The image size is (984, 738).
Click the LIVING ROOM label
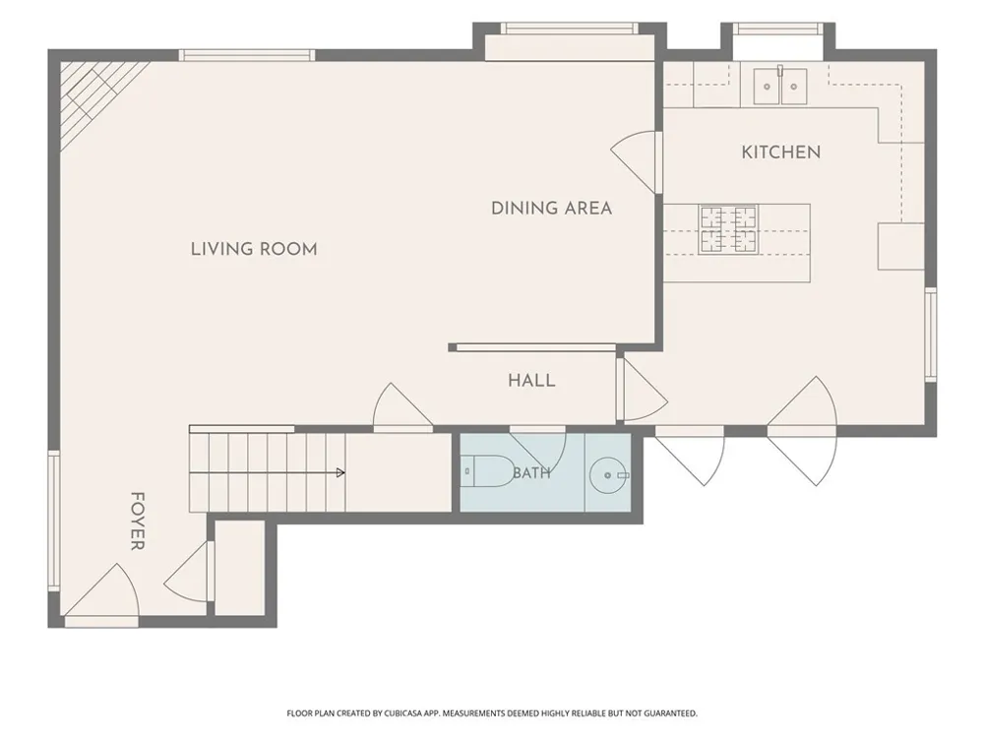[x=254, y=249]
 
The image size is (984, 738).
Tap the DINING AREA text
[x=552, y=209]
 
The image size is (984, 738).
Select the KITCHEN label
[x=781, y=153]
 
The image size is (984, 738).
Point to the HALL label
[x=531, y=380]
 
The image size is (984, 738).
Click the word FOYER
[x=138, y=521]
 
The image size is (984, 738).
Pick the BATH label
[x=531, y=472]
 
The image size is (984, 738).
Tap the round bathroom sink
[x=608, y=475]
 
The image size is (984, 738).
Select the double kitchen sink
[x=780, y=86]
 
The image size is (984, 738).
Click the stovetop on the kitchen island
[x=728, y=229]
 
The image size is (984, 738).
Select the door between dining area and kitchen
[x=637, y=162]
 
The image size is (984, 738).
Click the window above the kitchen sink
[x=777, y=29]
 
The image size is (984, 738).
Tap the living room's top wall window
[x=247, y=55]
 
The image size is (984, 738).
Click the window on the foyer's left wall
[x=54, y=521]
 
